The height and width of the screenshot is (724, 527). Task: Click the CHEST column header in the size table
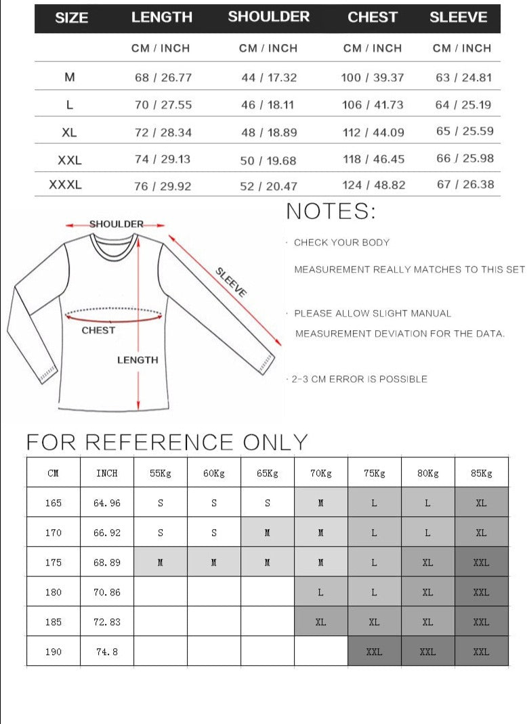pyautogui.click(x=373, y=18)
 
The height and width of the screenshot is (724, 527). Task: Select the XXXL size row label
pyautogui.click(x=65, y=184)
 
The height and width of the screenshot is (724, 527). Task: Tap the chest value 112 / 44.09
pyautogui.click(x=373, y=132)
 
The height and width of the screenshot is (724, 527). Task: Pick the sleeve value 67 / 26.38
pyautogui.click(x=465, y=184)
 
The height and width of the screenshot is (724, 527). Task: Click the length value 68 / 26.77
pyautogui.click(x=163, y=77)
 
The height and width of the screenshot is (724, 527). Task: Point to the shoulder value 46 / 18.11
pyautogui.click(x=269, y=105)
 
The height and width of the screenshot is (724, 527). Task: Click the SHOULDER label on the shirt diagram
pyautogui.click(x=117, y=224)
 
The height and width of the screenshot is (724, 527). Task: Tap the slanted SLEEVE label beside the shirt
pyautogui.click(x=231, y=282)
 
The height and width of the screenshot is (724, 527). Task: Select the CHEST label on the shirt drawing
pyautogui.click(x=98, y=330)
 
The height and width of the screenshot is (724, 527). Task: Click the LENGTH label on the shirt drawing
pyautogui.click(x=138, y=360)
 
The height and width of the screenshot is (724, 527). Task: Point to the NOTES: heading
pyautogui.click(x=331, y=211)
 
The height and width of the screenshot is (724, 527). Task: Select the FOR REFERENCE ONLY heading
pyautogui.click(x=167, y=443)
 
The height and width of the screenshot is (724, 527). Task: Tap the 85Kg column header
pyautogui.click(x=482, y=473)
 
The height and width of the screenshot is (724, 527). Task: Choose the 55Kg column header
pyautogui.click(x=161, y=473)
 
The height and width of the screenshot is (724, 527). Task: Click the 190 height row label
pyautogui.click(x=54, y=652)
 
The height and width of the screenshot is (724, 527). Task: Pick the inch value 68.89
pyautogui.click(x=107, y=562)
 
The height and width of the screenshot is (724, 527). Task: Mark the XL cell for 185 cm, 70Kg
pyautogui.click(x=320, y=622)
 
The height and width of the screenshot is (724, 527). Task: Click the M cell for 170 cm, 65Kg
pyautogui.click(x=268, y=533)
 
